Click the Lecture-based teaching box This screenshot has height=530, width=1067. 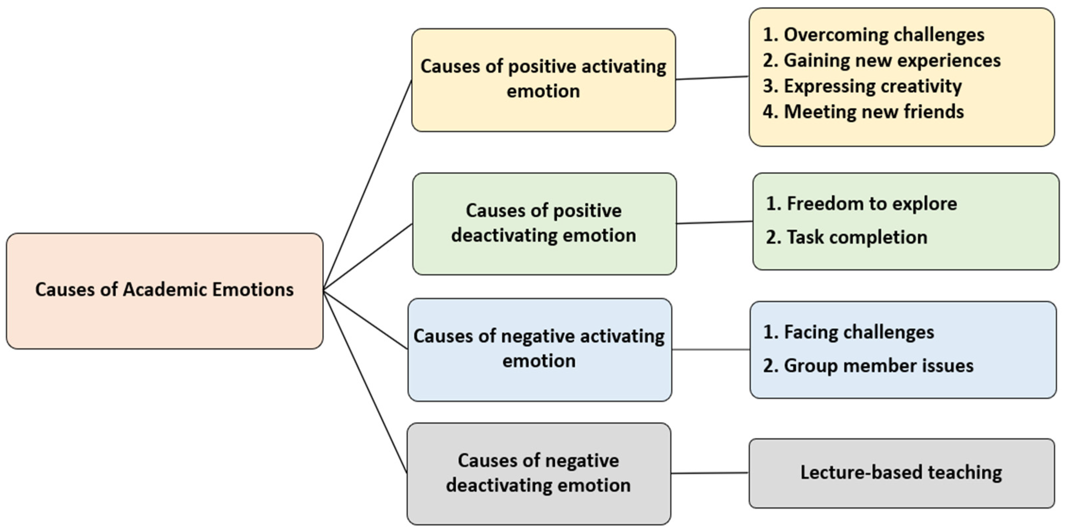pyautogui.click(x=901, y=473)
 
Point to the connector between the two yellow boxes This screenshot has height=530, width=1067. pyautogui.click(x=712, y=78)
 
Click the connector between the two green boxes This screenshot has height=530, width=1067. pyautogui.click(x=715, y=223)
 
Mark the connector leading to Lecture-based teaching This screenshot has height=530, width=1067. pyautogui.click(x=710, y=473)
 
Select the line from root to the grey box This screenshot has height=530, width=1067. pyautogui.click(x=365, y=382)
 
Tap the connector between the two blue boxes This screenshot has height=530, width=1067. pyautogui.click(x=710, y=349)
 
